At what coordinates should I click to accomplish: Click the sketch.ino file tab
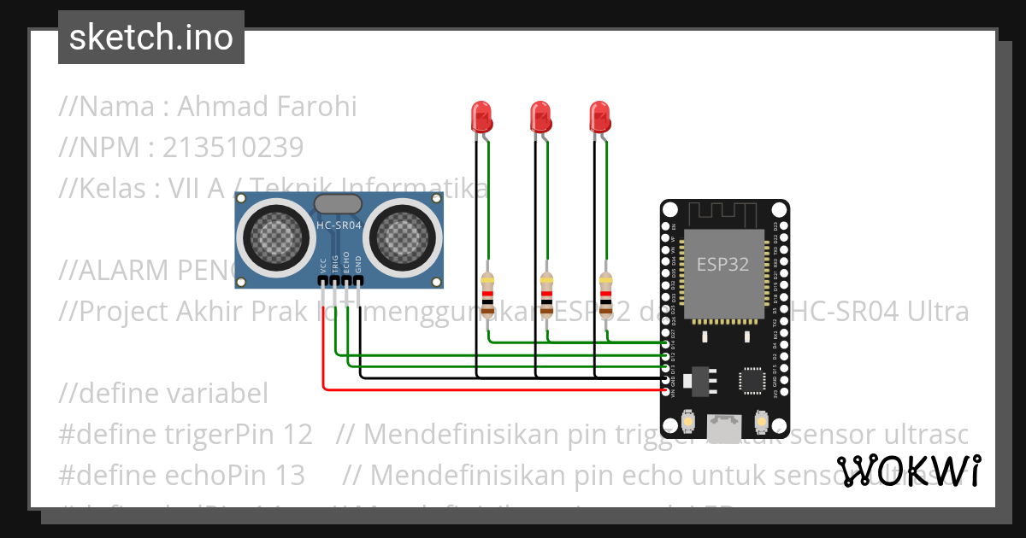tap(151, 38)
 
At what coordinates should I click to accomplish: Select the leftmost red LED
tap(481, 115)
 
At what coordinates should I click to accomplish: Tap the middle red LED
tap(540, 115)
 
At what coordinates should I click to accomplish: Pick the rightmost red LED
tap(599, 115)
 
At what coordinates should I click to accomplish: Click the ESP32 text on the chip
tap(722, 265)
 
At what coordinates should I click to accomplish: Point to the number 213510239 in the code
tap(233, 148)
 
